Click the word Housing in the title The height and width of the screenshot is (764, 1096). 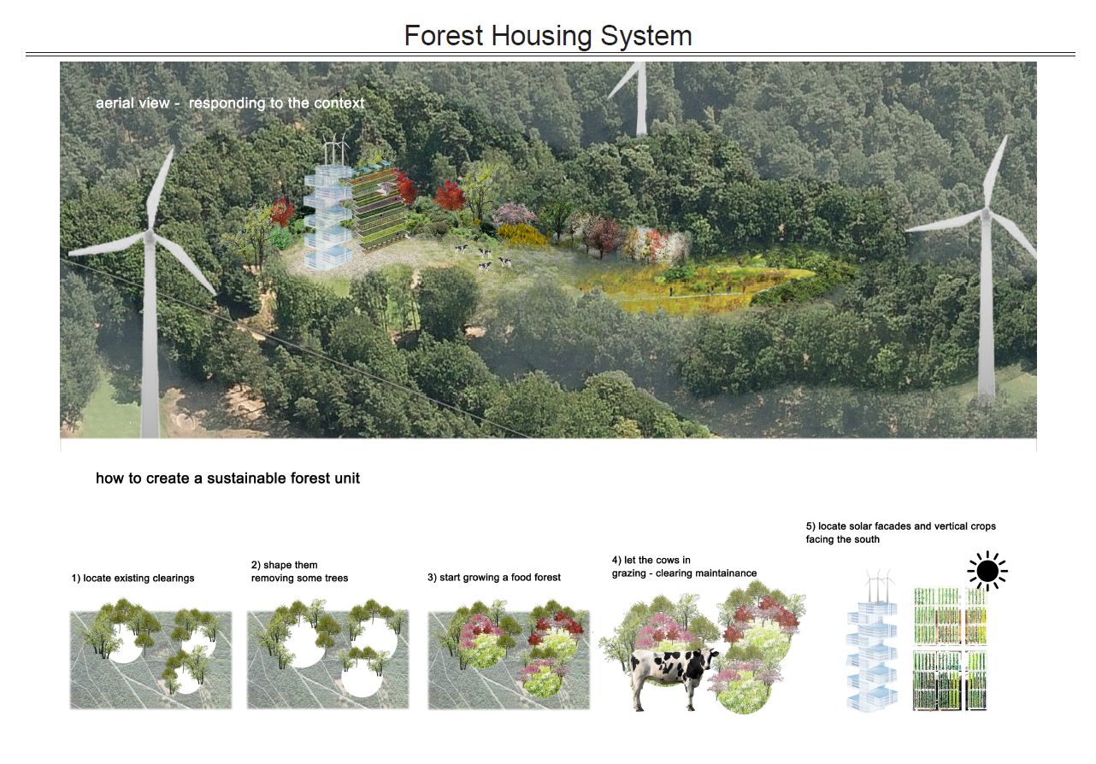pos(542,37)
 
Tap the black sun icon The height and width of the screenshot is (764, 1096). pos(987,571)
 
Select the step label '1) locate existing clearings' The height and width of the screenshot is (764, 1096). pos(133,579)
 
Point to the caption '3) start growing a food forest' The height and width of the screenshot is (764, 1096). pos(494,578)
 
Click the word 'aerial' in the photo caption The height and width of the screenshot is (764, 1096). pos(114,103)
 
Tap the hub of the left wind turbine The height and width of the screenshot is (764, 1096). pos(150,237)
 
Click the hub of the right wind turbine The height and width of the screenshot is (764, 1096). pos(986,214)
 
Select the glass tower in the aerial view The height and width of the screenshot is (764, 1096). pos(327,217)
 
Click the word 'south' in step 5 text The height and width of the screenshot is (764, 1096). pos(867,539)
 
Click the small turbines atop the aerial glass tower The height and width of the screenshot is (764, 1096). pos(336,149)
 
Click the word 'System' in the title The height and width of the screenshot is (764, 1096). pos(645,37)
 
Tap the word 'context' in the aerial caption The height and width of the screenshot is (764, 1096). pos(339,103)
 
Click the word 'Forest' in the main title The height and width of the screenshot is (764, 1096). pos(444,37)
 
